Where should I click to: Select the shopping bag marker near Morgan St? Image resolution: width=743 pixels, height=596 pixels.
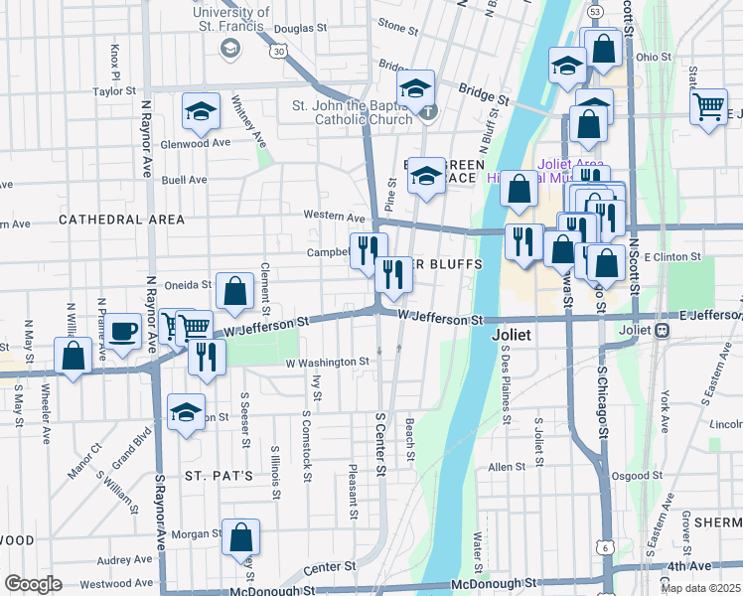click(240, 537)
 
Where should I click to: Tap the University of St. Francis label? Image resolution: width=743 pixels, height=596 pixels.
click(227, 17)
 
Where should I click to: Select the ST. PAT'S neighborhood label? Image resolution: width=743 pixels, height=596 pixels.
click(218, 476)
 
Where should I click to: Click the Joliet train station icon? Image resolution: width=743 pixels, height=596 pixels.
click(660, 331)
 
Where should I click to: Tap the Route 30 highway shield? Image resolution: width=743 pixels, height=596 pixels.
click(280, 51)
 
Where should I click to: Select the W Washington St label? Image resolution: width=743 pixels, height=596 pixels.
click(328, 363)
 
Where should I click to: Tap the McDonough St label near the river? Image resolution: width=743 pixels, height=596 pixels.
click(494, 584)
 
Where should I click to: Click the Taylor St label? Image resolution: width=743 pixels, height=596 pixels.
click(114, 91)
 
